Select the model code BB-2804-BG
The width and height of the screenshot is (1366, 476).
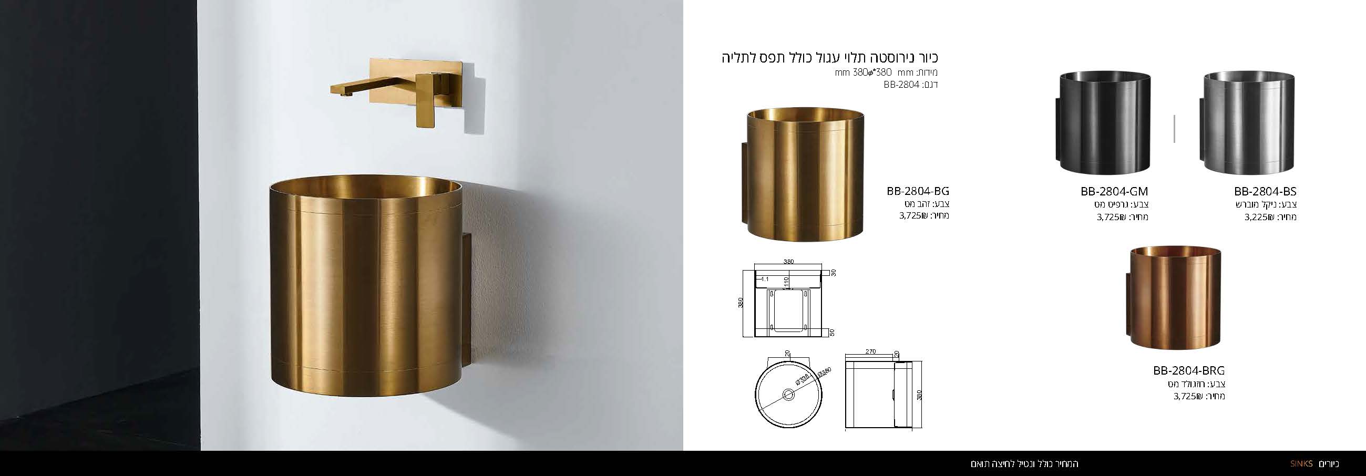click(x=918, y=191)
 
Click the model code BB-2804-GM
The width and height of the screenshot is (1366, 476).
click(x=1114, y=191)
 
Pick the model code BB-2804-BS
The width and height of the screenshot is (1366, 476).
click(x=1265, y=191)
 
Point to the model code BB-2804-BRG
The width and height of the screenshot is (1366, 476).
click(x=1189, y=370)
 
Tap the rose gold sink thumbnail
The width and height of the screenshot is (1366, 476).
click(x=1173, y=298)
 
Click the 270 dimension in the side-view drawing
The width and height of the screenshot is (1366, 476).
click(x=870, y=351)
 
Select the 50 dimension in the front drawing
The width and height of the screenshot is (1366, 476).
click(x=832, y=333)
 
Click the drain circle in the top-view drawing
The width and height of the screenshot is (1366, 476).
click(x=788, y=394)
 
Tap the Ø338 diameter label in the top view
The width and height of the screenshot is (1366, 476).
click(x=801, y=379)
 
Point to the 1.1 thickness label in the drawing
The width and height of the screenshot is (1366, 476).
click(x=765, y=279)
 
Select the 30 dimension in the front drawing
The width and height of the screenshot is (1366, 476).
click(x=834, y=273)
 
